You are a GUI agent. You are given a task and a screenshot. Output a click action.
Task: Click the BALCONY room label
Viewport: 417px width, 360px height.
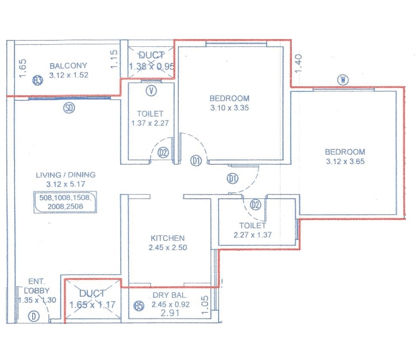68,66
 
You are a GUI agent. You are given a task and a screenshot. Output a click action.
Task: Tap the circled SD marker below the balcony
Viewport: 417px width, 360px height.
69,108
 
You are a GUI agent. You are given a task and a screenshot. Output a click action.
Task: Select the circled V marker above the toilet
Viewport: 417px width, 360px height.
151,90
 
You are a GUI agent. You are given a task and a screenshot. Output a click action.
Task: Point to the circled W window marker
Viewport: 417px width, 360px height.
342,79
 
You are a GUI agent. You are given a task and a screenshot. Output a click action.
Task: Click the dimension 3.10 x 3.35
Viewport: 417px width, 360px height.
229,108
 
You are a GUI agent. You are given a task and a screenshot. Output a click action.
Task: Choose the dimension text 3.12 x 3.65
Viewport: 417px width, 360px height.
345,161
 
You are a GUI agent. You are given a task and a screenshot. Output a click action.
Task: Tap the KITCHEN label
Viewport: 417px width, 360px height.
168,238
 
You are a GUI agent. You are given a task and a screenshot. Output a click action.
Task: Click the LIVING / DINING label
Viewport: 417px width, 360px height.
66,175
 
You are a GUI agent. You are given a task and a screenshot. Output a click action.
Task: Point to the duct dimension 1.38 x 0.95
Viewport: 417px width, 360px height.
152,67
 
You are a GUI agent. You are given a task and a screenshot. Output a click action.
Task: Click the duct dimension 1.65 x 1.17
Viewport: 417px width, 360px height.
93,305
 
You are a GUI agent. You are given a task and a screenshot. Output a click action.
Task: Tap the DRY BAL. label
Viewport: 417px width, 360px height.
170,296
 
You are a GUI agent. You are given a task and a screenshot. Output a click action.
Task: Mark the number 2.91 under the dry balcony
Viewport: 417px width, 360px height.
170,313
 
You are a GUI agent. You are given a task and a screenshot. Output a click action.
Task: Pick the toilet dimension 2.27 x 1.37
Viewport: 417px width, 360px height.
252,235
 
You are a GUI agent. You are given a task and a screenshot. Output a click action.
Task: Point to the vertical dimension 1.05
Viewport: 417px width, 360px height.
204,304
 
